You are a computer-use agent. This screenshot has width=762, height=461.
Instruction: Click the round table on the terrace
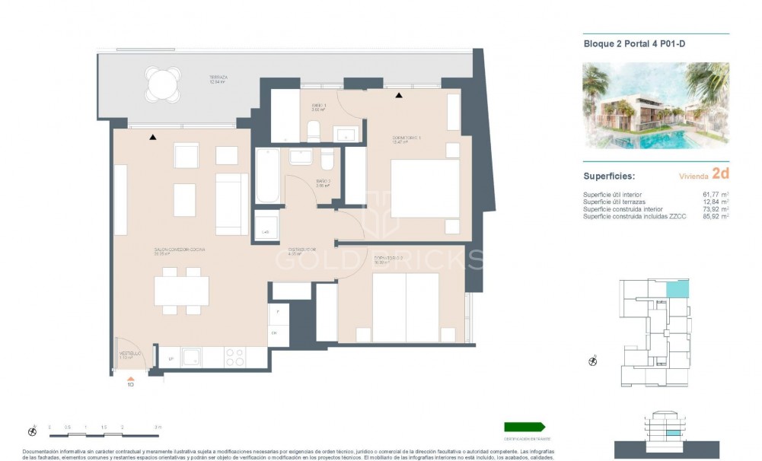164,84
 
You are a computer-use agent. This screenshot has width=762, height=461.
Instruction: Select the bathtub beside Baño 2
267,176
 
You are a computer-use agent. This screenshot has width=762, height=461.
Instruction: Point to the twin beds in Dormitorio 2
405,307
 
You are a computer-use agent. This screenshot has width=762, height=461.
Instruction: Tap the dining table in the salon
181,290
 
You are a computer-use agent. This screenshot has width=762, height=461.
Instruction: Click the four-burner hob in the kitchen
235,357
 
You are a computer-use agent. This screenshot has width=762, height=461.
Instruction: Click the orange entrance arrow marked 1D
130,377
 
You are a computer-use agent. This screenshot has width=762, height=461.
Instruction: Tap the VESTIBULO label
129,354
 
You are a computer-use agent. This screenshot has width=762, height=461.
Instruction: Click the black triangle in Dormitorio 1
398,95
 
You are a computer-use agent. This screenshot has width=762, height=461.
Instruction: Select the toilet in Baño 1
314,132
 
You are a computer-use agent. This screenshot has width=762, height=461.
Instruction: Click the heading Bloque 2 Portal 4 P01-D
623,44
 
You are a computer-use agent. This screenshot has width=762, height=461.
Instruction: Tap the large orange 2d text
719,173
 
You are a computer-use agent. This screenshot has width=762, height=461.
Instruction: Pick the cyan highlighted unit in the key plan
678,289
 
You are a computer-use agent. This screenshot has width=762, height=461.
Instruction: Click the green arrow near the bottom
524,427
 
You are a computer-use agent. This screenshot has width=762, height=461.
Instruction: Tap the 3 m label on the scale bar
158,428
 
